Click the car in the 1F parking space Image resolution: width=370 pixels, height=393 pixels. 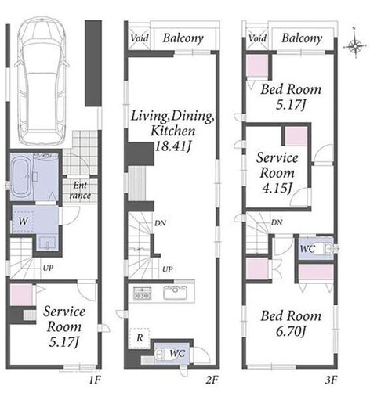pos(42,80)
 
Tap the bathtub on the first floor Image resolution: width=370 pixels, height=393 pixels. pos(22,177)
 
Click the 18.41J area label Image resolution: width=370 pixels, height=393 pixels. pos(172,146)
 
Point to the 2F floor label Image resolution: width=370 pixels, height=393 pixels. pos(212,380)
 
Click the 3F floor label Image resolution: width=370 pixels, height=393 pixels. pos(330,380)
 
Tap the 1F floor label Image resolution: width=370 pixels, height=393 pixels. pos(95,380)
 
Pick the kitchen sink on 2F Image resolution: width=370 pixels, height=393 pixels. pos(176,292)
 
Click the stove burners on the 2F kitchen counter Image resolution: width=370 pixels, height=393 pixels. pos(143,292)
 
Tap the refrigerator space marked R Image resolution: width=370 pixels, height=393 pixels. pos(140,338)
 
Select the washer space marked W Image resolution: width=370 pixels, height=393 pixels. pos(23,222)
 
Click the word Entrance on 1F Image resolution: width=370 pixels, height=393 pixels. pos(80,190)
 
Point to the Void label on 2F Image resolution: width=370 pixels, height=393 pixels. pos(140,38)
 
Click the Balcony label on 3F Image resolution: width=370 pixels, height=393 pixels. pos(302,38)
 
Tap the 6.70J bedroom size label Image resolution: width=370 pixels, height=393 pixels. pos(291,332)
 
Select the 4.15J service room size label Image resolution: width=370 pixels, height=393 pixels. pos(277,188)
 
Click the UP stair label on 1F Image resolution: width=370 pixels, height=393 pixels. pos(48,268)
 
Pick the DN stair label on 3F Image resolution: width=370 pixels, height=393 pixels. pos(277,222)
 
